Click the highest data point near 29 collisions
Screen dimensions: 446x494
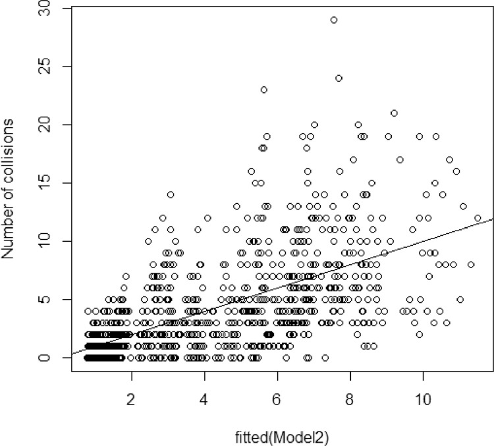[x=334, y=20]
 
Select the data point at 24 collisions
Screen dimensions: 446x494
[x=339, y=78]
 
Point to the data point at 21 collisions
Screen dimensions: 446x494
[x=394, y=113]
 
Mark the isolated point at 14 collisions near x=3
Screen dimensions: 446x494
[x=171, y=194]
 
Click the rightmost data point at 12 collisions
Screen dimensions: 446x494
[x=478, y=218]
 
